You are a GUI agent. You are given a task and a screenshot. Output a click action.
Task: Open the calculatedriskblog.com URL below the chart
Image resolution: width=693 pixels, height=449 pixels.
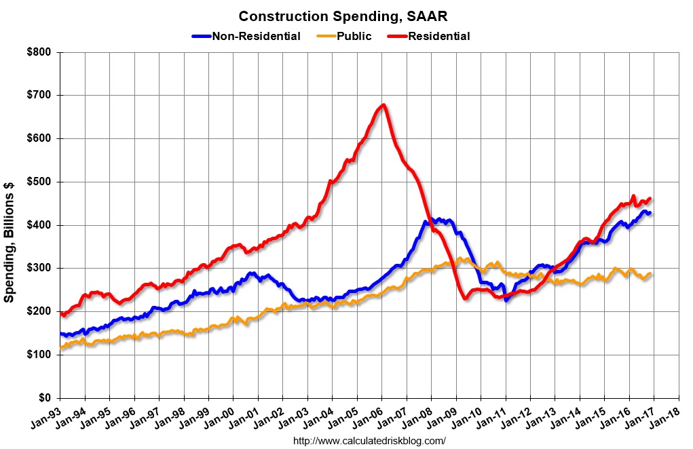[369, 440]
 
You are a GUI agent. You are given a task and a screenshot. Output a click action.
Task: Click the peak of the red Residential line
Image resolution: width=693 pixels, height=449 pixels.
[383, 105]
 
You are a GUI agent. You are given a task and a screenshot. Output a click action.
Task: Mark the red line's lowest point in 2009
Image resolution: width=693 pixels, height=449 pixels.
[464, 298]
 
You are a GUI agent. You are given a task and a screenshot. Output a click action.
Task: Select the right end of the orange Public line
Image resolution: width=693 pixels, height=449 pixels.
[650, 274]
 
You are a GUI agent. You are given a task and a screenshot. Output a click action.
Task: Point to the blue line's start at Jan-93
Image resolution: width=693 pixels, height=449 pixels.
[60, 334]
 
